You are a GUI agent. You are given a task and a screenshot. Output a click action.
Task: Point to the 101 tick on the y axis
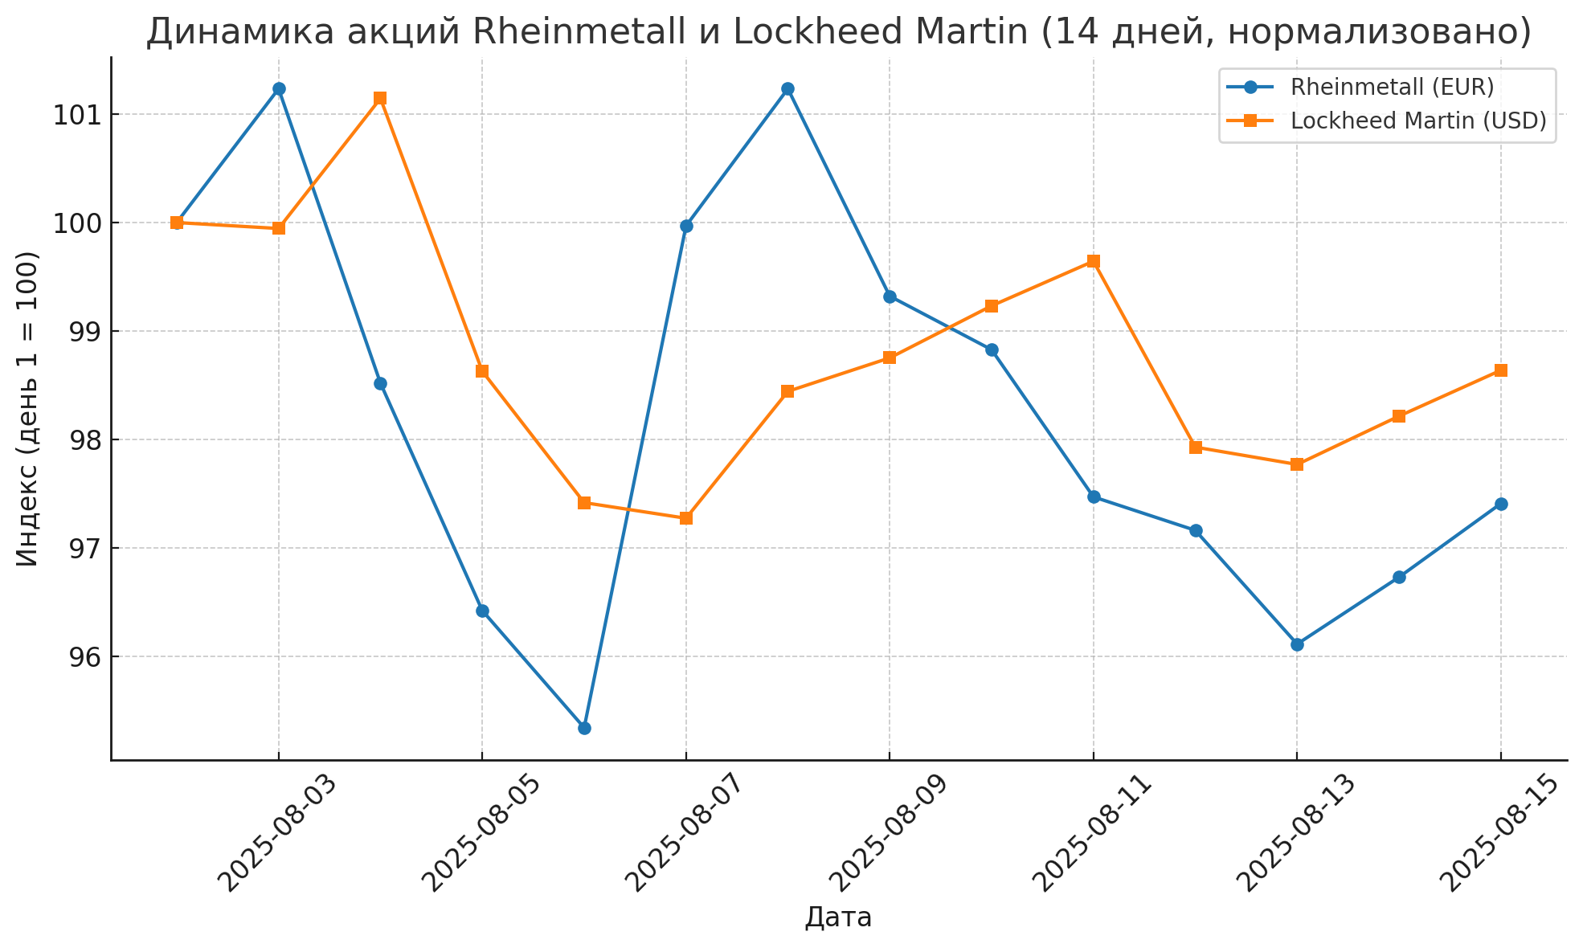[x=76, y=115]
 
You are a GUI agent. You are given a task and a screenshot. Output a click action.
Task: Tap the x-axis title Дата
[x=838, y=917]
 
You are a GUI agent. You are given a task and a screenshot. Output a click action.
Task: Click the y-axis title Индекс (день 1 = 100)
[x=27, y=408]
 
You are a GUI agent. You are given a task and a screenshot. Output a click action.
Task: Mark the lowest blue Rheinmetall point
[x=584, y=728]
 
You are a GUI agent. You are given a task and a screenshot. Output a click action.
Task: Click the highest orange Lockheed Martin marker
[x=380, y=98]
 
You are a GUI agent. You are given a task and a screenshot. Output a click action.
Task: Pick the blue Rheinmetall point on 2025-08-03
[x=279, y=88]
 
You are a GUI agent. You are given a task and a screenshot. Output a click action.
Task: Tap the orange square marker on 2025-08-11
[x=1093, y=261]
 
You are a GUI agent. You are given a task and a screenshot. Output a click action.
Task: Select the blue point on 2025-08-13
[x=1297, y=644]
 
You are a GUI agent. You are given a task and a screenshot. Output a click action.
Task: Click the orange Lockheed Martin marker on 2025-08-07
[x=685, y=518]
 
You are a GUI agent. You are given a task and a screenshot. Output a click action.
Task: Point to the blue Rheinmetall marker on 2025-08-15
[x=1500, y=504]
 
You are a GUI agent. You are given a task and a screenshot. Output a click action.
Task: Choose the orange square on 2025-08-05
[x=482, y=371]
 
